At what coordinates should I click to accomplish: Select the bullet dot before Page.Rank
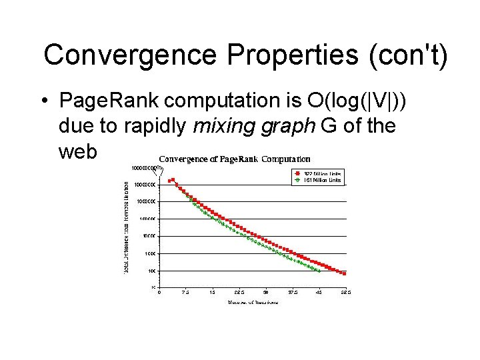(x=42, y=101)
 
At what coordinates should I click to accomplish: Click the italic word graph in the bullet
(x=289, y=126)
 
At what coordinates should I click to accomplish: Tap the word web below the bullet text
(x=78, y=151)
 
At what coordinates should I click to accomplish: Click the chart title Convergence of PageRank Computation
(x=234, y=159)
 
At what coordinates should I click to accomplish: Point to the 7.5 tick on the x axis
(x=185, y=292)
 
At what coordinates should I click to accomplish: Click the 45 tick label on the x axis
(x=319, y=292)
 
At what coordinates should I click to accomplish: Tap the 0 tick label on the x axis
(x=159, y=292)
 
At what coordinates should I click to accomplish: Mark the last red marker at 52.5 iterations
(x=345, y=273)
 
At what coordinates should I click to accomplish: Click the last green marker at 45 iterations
(x=319, y=271)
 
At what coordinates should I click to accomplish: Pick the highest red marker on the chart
(x=173, y=179)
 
